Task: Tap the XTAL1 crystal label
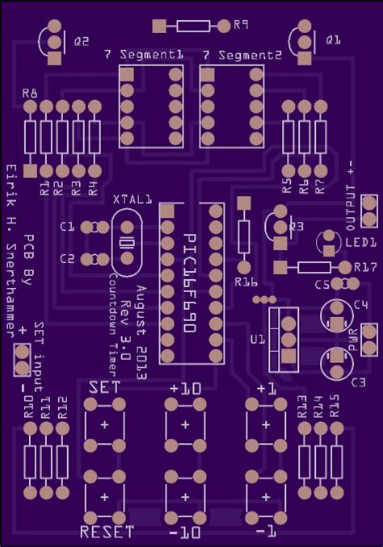pos(133,198)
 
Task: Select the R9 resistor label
pos(240,26)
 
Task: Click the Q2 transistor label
pos(82,40)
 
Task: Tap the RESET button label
pos(107,532)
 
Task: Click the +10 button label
pos(185,388)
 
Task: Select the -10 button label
pos(185,533)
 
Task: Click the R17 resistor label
pos(366,267)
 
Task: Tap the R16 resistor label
pos(246,282)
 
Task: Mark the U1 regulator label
pos(257,340)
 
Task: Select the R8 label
pos(30,94)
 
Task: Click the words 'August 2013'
pos(141,332)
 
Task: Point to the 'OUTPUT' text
pos(351,207)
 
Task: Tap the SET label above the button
pos(105,387)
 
